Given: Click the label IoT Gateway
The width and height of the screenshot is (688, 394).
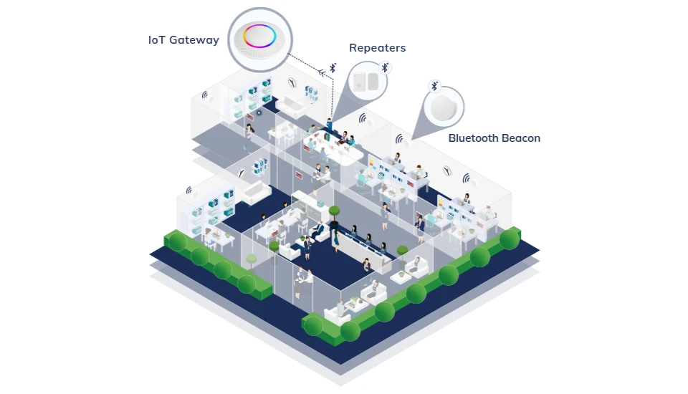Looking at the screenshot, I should [183, 40].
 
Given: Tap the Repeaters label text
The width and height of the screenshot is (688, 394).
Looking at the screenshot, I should [377, 48].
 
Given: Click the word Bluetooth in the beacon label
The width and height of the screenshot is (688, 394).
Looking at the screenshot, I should [473, 138].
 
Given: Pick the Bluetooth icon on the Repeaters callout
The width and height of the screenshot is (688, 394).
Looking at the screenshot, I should [385, 67].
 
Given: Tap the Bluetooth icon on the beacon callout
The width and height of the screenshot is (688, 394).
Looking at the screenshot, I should [434, 86].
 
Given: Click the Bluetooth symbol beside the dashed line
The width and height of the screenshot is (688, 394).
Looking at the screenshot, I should [333, 69].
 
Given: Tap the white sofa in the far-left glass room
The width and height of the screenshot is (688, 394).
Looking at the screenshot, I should [254, 191].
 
